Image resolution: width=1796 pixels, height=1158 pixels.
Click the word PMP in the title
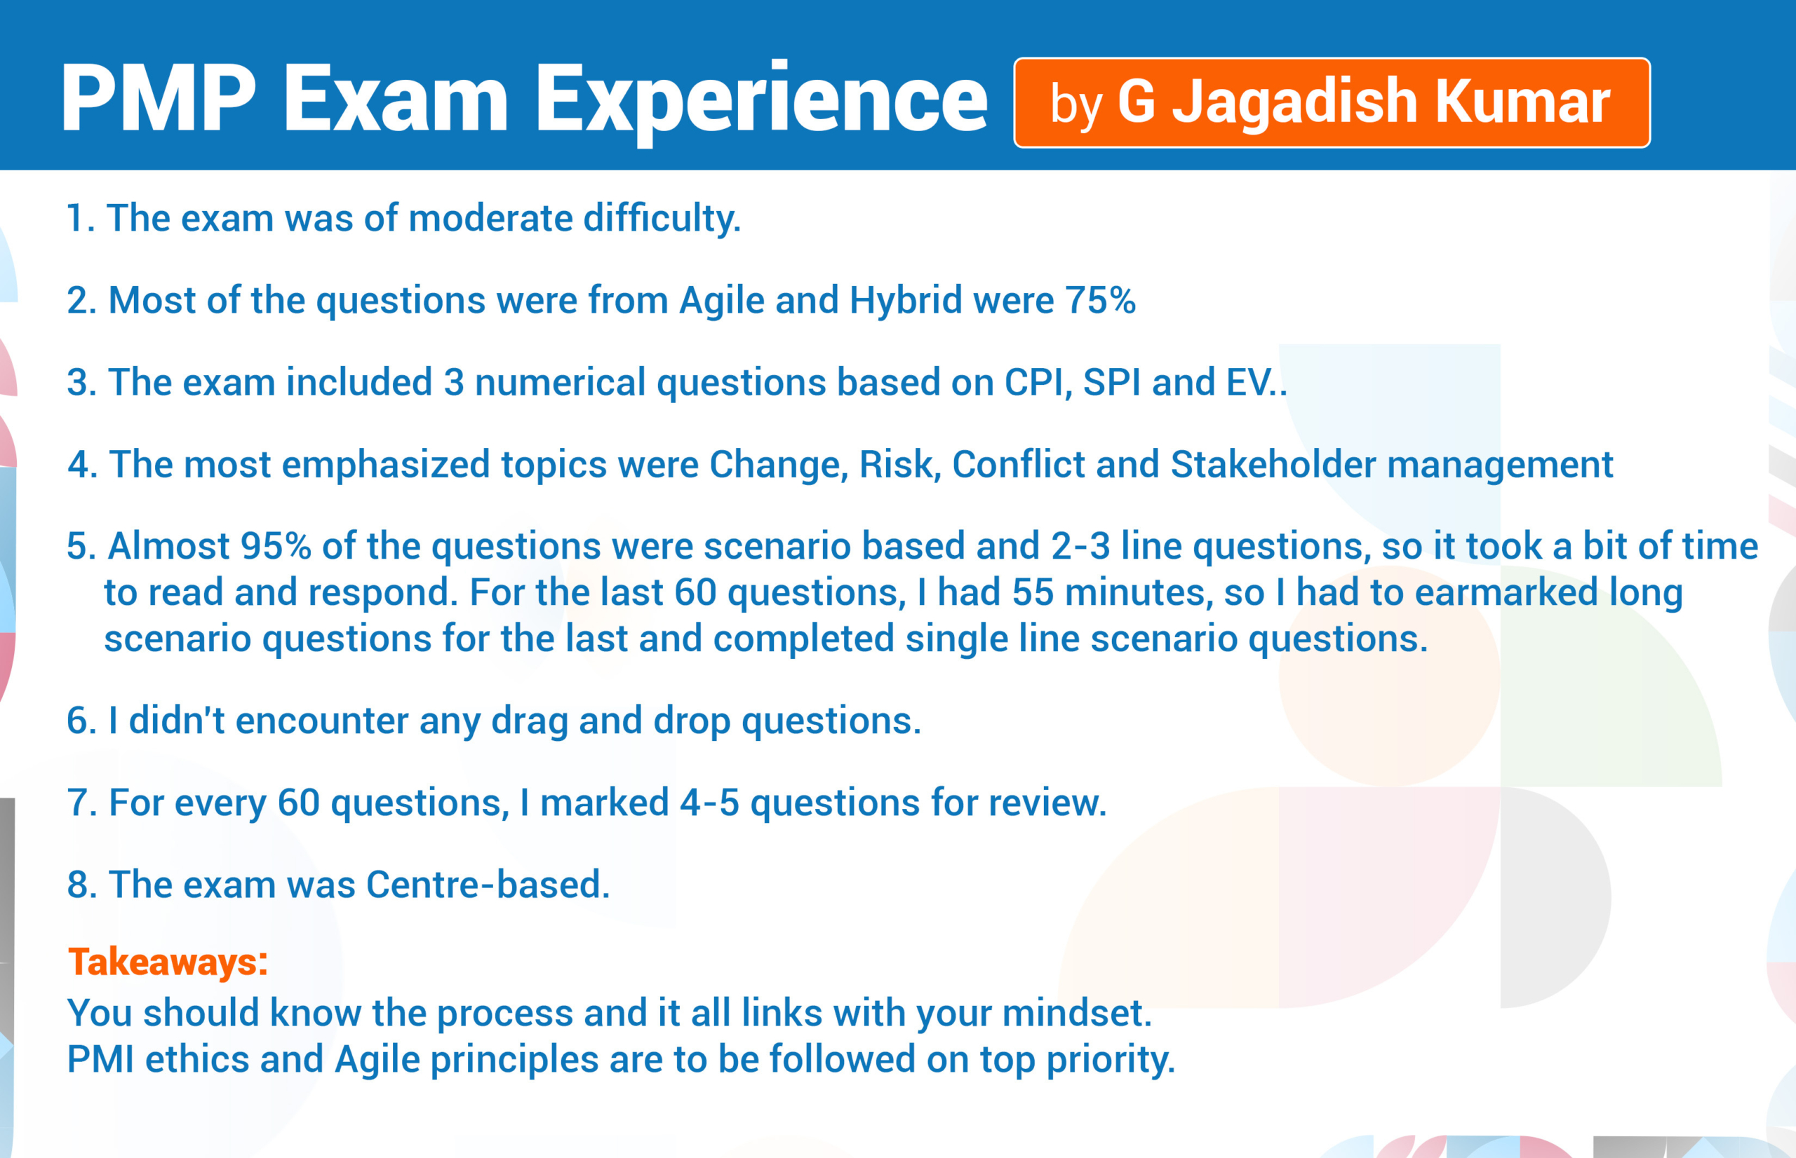(159, 97)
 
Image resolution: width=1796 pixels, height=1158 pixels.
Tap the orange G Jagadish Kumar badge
(1332, 102)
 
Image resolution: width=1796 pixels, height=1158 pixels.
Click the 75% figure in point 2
(1100, 300)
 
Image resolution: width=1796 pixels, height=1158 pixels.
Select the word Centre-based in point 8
(488, 885)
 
